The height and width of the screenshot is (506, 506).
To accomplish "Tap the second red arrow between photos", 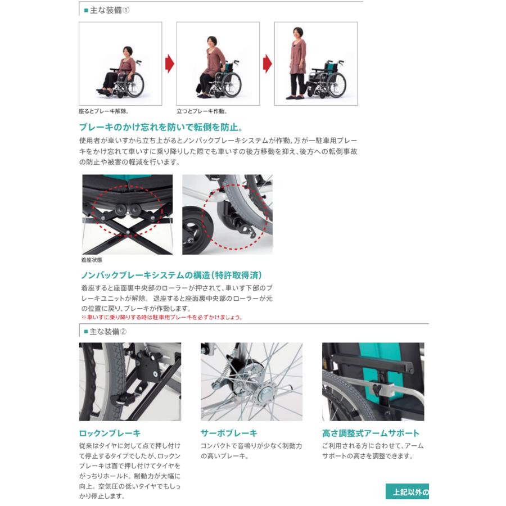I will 266,64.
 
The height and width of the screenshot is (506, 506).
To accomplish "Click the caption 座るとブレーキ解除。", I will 108,111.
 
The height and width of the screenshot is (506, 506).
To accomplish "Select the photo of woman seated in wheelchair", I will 120,64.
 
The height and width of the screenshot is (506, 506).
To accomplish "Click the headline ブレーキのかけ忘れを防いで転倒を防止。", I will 161,127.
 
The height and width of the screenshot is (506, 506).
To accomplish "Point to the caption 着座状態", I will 92,260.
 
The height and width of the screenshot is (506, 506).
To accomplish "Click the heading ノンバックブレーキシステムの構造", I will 171,275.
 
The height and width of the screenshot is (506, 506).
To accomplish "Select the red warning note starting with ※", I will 161,317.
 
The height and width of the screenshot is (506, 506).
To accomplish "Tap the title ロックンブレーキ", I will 110,433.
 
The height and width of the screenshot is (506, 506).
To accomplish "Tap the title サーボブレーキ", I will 229,433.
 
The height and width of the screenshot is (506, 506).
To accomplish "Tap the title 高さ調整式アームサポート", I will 371,433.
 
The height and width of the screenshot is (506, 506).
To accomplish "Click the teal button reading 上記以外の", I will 407,492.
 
